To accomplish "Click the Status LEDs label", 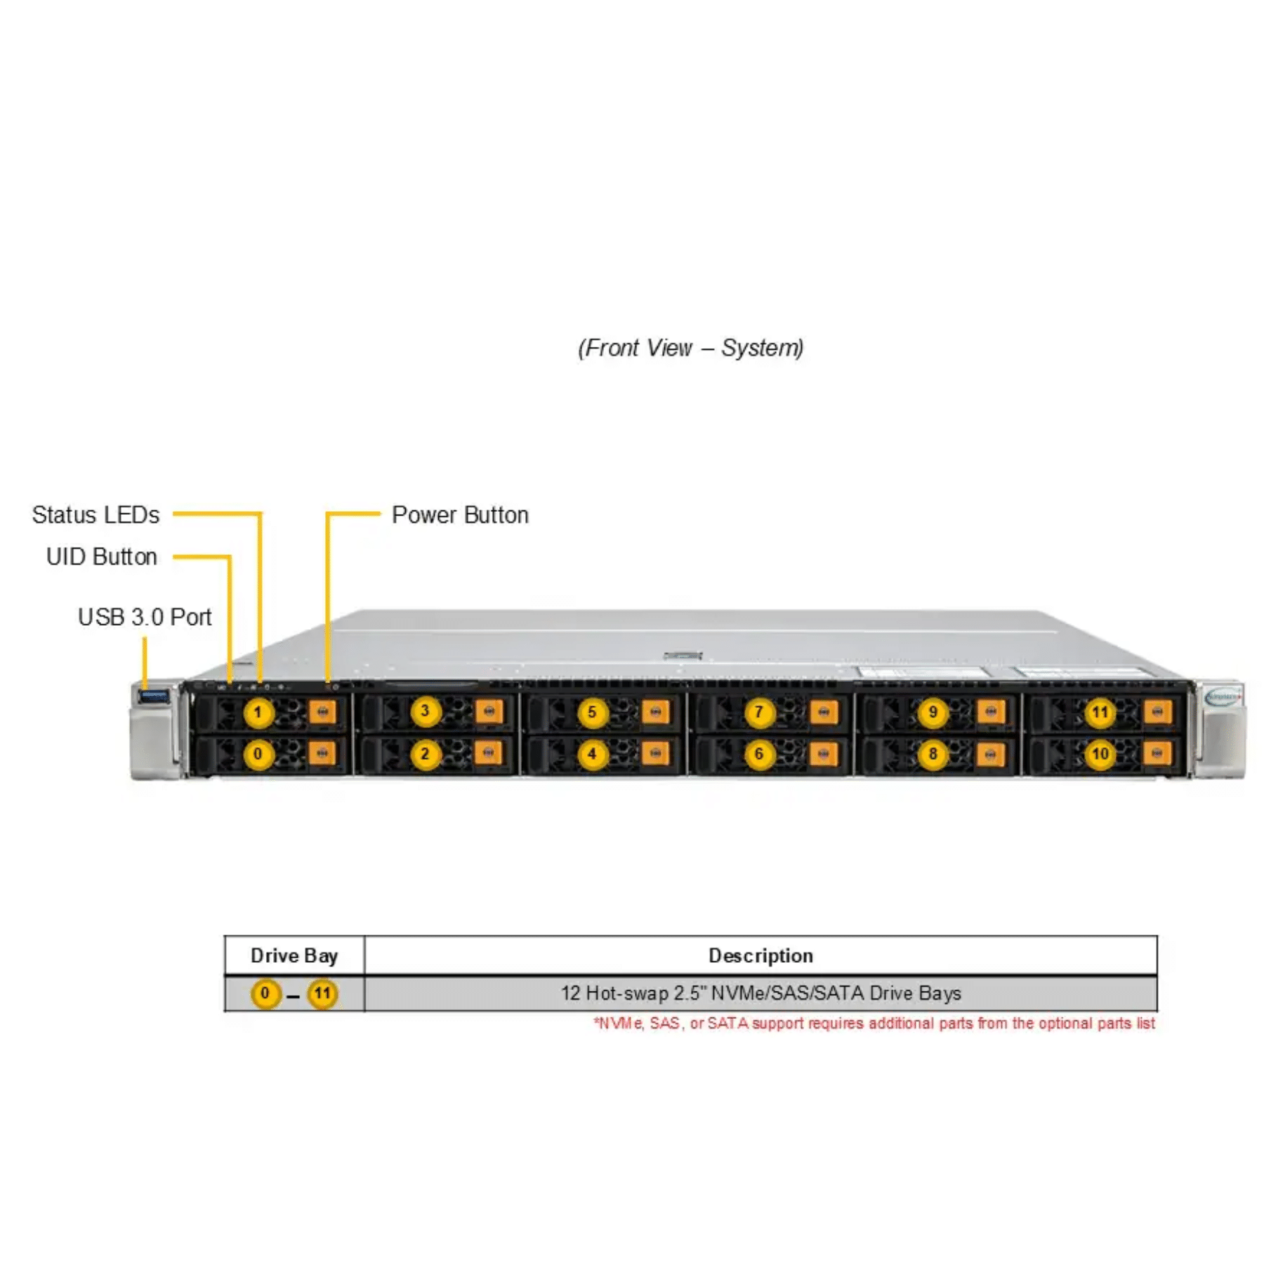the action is [x=96, y=515].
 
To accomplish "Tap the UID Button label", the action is [x=102, y=556].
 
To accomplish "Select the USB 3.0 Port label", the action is [x=145, y=617].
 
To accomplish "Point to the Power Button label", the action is [x=460, y=515].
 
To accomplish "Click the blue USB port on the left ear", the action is [x=154, y=696].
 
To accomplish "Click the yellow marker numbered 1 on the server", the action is [x=258, y=713].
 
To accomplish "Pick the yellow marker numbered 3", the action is [x=425, y=711].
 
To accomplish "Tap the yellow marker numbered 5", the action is [x=592, y=713].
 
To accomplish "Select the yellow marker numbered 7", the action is [x=758, y=713].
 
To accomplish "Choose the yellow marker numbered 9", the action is [x=933, y=713].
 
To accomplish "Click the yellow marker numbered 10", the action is [x=1100, y=755].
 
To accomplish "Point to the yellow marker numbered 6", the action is [x=758, y=755].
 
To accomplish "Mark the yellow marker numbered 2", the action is [x=425, y=755].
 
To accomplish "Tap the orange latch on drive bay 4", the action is [x=655, y=754].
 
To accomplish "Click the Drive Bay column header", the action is [x=294, y=956].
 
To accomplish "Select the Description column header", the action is [x=761, y=956].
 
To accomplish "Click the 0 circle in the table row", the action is [x=265, y=994].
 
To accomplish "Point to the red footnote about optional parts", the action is [x=874, y=1023].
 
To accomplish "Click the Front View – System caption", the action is [x=691, y=348].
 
